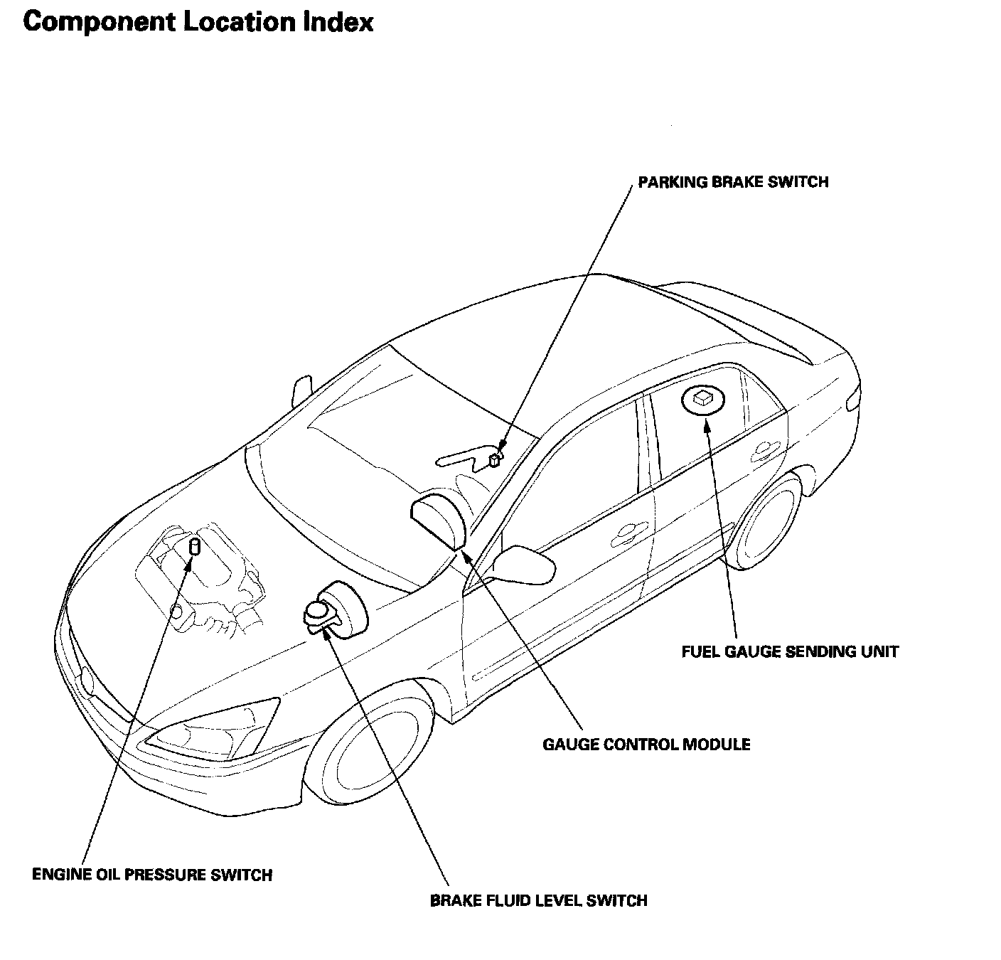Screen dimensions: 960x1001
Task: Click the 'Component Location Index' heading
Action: [198, 22]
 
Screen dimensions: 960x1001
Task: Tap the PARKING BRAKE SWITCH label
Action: [733, 182]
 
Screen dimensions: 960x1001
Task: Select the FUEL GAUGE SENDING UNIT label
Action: [790, 651]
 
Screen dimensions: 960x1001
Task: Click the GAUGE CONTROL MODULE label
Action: [646, 745]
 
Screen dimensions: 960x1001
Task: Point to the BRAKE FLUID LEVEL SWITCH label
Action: [538, 901]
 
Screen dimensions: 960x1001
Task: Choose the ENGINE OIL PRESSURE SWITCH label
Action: [152, 875]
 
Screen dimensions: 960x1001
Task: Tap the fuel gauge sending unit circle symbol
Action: [702, 400]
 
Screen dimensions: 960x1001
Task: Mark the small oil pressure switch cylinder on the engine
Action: [193, 548]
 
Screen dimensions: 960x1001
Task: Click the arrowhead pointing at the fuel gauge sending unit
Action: [706, 426]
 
